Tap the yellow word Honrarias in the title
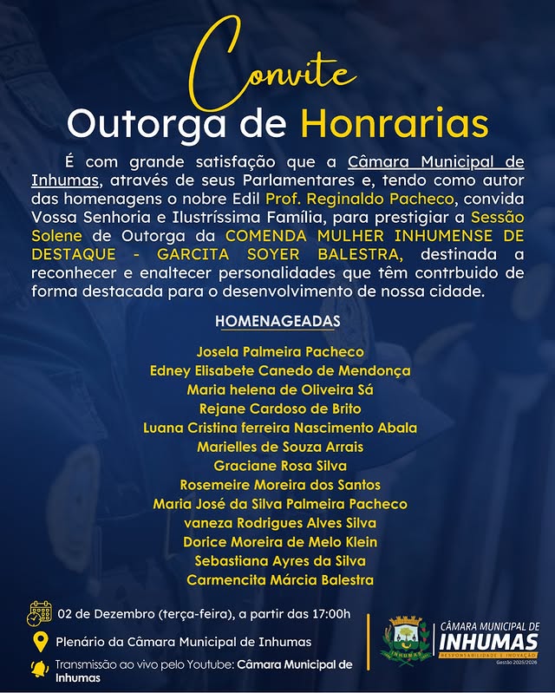(395, 124)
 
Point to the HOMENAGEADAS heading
(277, 322)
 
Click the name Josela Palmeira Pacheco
(280, 352)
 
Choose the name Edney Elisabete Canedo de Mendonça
(278, 371)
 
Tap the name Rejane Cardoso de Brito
(280, 409)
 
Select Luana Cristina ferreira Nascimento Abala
(280, 428)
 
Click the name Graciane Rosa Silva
(280, 466)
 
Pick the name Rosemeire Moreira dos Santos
(280, 485)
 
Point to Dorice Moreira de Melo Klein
(280, 542)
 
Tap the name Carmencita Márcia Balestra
(280, 580)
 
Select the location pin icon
(40, 642)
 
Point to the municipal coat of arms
(405, 641)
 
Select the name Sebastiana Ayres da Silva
(280, 561)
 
